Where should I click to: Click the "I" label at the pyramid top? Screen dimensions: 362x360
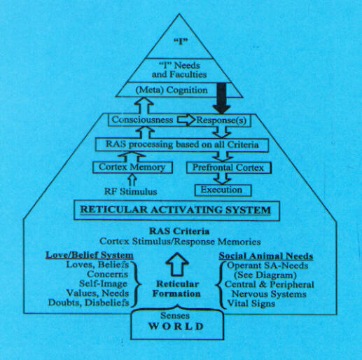[x=181, y=41]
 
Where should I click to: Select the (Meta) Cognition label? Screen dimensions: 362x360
[x=172, y=90]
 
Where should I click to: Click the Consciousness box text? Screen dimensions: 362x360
[x=142, y=120]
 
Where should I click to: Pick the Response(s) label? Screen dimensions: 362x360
[x=221, y=120]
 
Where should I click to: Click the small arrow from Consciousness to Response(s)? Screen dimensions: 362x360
[x=186, y=120]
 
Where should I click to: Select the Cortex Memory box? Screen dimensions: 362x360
[x=132, y=167]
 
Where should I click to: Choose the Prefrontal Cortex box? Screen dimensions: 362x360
[x=229, y=168]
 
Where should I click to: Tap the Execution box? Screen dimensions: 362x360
[x=223, y=191]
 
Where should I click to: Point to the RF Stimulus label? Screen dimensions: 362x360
[x=130, y=192]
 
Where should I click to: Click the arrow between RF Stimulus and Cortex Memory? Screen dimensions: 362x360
[x=132, y=180]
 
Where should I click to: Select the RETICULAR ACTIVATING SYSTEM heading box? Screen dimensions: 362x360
[x=176, y=210]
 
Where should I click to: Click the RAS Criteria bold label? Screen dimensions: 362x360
[x=179, y=231]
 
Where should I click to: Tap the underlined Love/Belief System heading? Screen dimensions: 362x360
[x=90, y=255]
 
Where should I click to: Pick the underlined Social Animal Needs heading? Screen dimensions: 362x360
[x=266, y=256]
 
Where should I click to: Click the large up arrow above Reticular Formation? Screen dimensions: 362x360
[x=177, y=264]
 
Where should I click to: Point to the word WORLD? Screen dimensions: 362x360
[x=176, y=326]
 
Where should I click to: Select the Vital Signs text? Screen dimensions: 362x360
[x=251, y=303]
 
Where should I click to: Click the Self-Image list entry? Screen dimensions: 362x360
[x=103, y=284]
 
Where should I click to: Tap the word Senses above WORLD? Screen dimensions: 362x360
[x=175, y=316]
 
